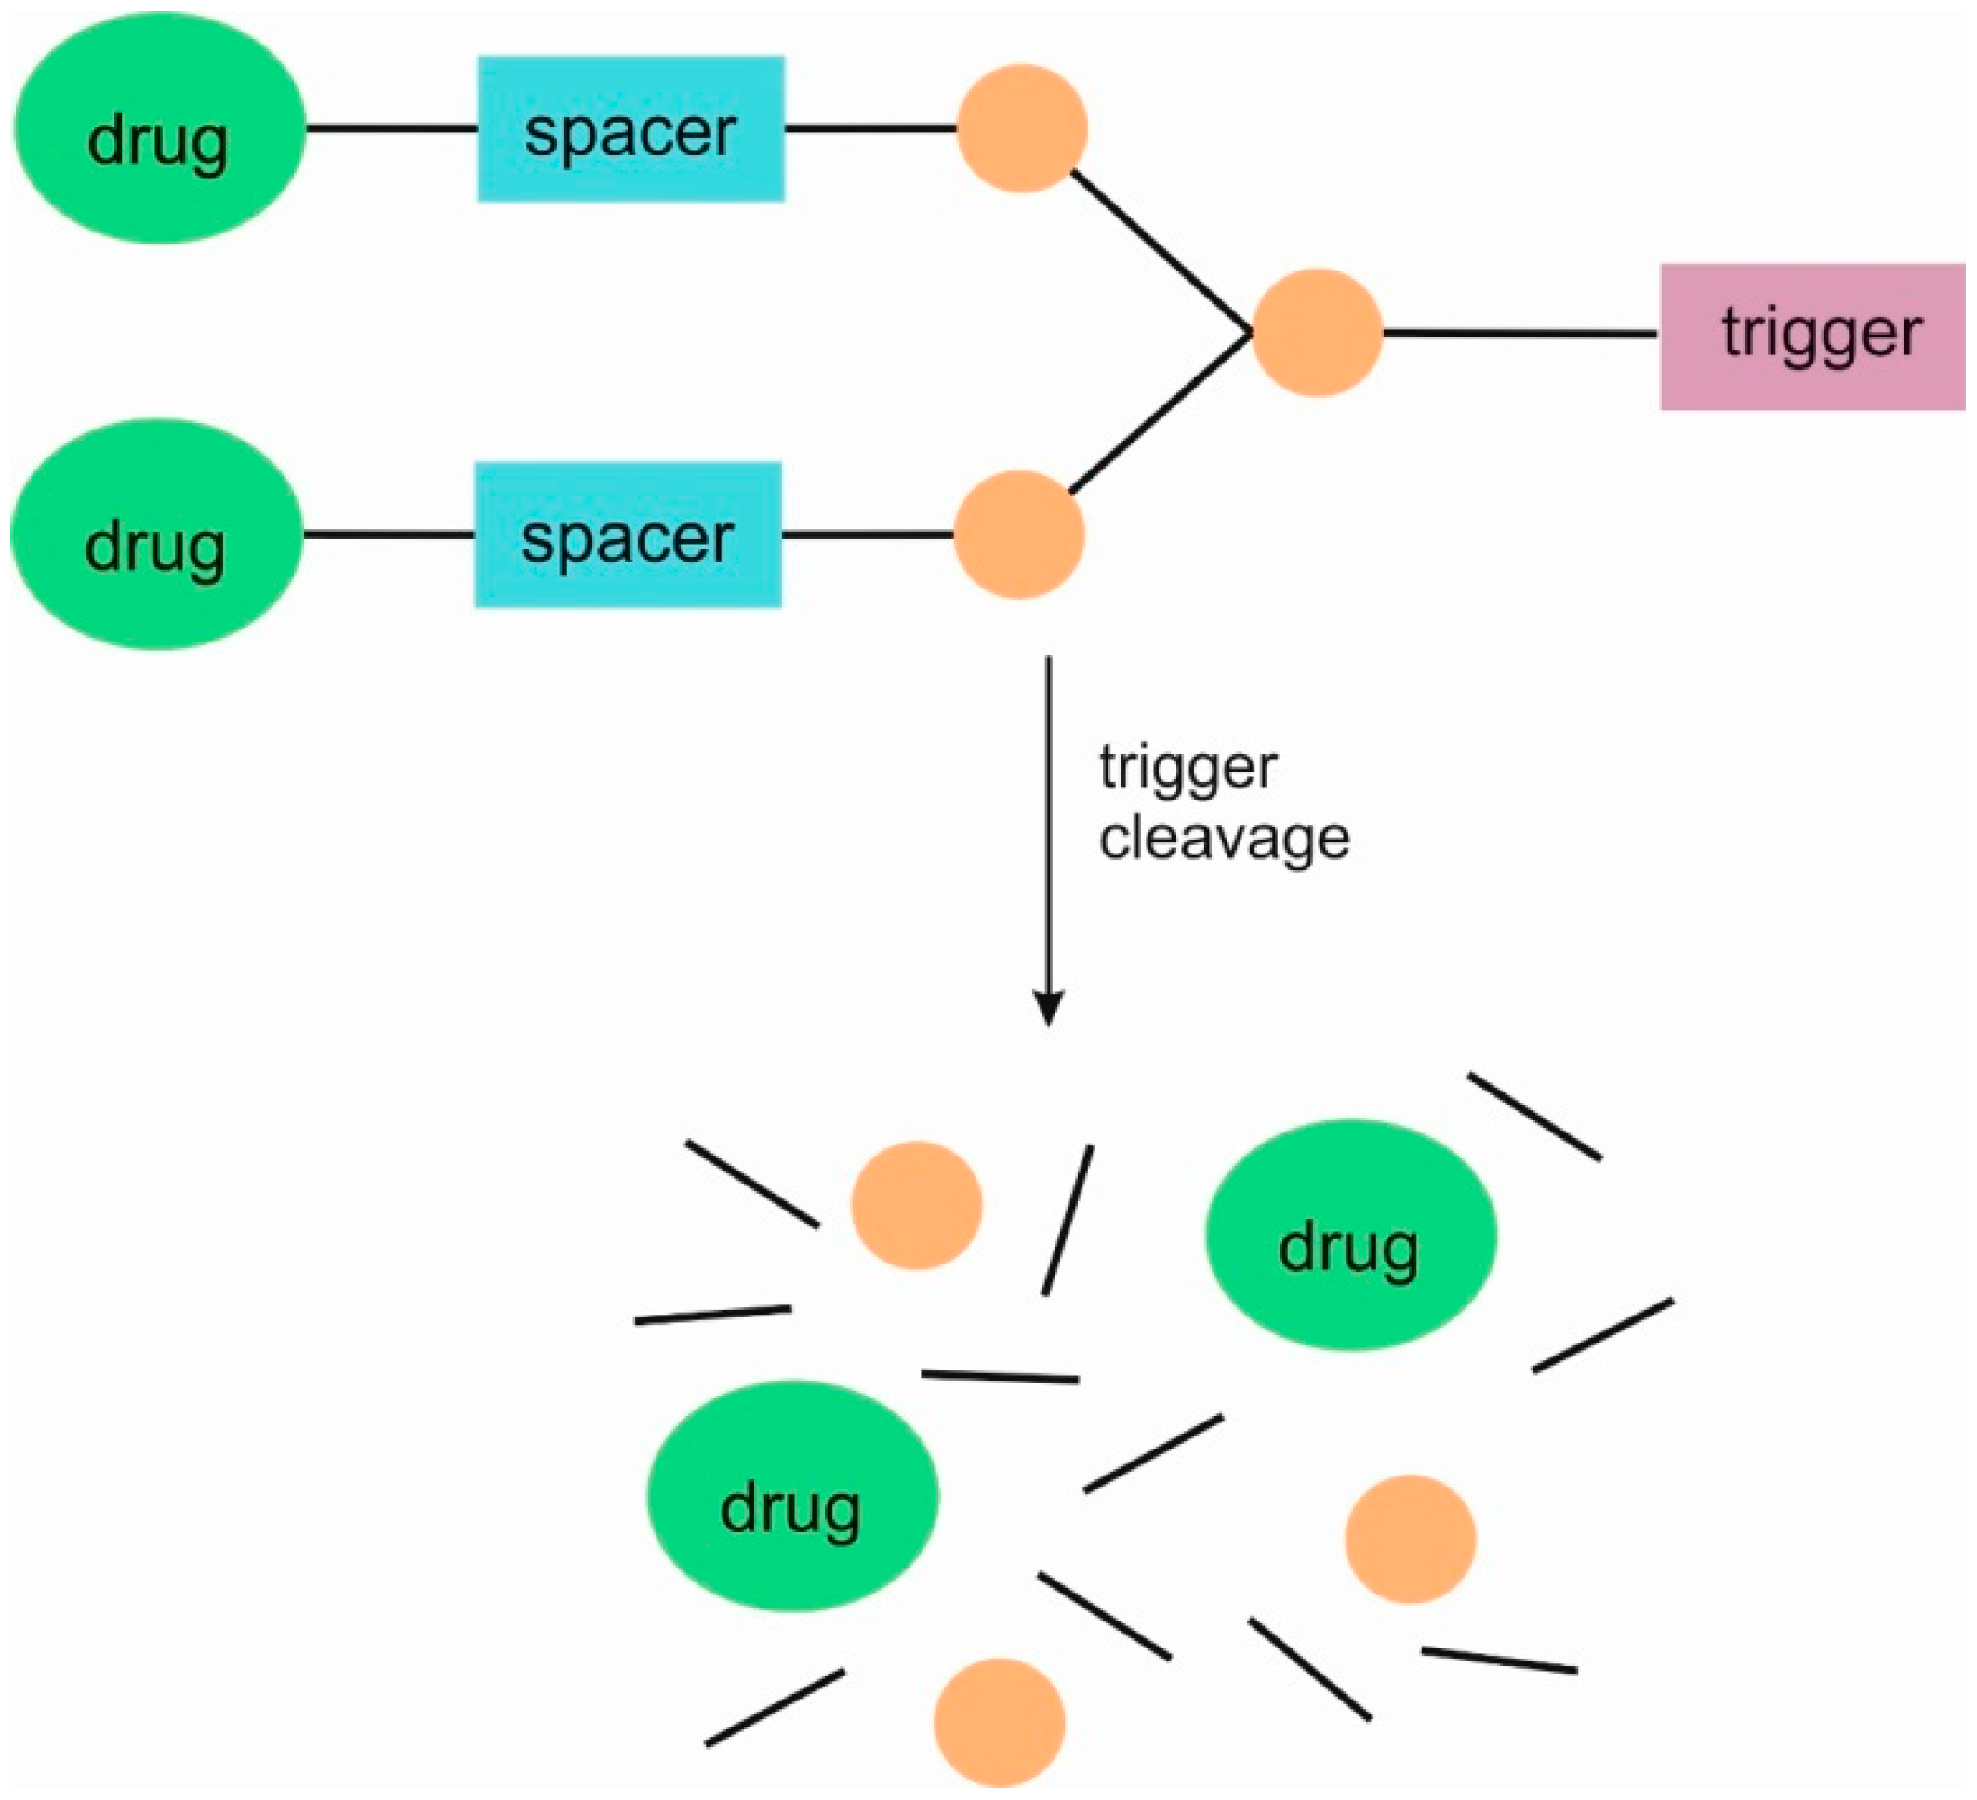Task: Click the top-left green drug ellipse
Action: (x=159, y=128)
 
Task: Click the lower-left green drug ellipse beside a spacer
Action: (x=157, y=536)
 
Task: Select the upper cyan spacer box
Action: (x=630, y=128)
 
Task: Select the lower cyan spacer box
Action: (x=628, y=536)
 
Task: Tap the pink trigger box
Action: (x=1812, y=337)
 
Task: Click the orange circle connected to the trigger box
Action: (x=1317, y=334)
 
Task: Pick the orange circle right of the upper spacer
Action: (x=1022, y=128)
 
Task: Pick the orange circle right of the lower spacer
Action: (x=1019, y=536)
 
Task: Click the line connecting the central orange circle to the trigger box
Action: (x=1520, y=335)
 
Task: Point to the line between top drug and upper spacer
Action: (x=391, y=128)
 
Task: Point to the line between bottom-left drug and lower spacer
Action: (x=390, y=536)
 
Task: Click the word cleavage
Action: (x=1224, y=840)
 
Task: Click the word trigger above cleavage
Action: (x=1187, y=768)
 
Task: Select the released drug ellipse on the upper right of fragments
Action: (x=1350, y=1237)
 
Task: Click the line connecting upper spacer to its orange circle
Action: (x=869, y=128)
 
